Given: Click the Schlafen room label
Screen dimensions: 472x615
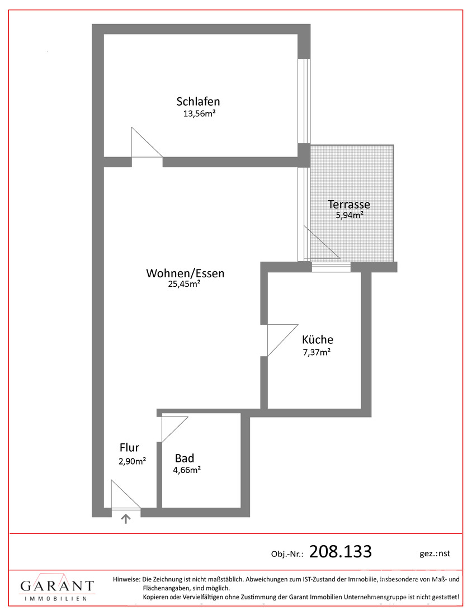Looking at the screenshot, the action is coord(198,102).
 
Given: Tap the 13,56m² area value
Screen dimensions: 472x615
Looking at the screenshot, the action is coord(200,114).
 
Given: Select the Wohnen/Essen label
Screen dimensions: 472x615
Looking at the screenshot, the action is coord(185,273).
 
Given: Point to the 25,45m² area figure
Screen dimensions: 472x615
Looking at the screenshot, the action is coord(185,284).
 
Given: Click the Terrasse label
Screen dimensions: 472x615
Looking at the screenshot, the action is coord(349,204).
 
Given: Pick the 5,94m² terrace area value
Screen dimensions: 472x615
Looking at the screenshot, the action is coord(349,215).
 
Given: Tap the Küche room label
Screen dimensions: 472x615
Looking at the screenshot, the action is coord(318,339).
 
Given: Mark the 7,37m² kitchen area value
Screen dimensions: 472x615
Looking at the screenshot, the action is coord(317,352).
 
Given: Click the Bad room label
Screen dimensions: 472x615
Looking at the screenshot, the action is coord(185,458).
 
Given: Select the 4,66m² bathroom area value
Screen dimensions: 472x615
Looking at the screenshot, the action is coord(187,470).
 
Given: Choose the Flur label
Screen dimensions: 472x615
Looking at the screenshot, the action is coord(130,447).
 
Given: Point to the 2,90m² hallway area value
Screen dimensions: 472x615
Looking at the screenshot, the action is coord(133,461).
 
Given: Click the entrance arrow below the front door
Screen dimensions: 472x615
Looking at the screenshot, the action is coord(126,519).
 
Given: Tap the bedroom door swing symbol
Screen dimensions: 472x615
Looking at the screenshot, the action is coord(147,142).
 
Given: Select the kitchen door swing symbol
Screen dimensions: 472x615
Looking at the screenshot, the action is coord(282,340).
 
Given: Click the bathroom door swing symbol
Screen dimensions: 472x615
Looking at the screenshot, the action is coord(174,429).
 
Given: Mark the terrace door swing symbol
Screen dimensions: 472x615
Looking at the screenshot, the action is coord(322,243).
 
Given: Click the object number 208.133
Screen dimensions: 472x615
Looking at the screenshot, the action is coord(341,551).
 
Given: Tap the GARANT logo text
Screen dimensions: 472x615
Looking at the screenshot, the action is coord(57,586).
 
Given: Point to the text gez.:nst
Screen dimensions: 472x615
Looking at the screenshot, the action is coord(435,553).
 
